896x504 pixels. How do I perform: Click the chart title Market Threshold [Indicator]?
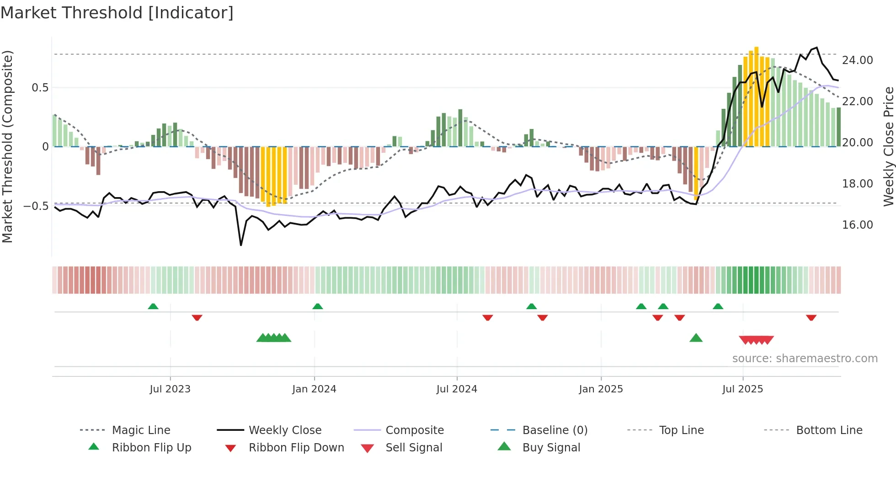click(x=117, y=13)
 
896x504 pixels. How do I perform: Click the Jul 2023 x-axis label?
click(x=170, y=389)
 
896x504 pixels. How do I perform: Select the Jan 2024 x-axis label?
click(x=314, y=389)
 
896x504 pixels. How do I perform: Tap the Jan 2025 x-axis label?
click(x=601, y=389)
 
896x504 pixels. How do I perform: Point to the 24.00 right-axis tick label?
click(x=857, y=60)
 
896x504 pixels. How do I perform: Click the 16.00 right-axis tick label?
click(x=857, y=225)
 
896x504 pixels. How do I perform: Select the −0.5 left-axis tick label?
click(x=36, y=206)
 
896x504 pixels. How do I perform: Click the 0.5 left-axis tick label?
click(x=40, y=87)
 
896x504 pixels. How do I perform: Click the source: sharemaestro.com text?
click(x=805, y=358)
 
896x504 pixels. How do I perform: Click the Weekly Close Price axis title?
click(x=888, y=146)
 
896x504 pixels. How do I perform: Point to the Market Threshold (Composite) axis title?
click(x=7, y=146)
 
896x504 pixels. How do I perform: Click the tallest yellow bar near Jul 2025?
click(x=756, y=96)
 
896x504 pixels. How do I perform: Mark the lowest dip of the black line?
click(x=241, y=245)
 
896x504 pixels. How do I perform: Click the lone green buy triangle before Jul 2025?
click(x=696, y=338)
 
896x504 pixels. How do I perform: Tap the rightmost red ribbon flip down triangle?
click(x=811, y=317)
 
